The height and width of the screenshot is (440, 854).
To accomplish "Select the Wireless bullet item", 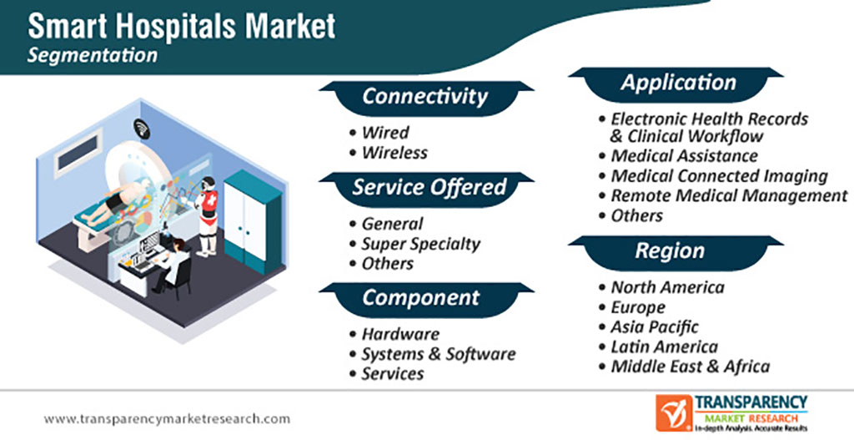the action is pos(389,153).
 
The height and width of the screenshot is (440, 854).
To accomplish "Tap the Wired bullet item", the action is pos(379,133).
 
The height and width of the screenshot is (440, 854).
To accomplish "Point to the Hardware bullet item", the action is pos(394,334).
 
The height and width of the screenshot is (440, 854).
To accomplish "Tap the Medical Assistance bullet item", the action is pos(679,156).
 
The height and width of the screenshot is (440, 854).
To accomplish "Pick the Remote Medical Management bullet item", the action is pos(723,195).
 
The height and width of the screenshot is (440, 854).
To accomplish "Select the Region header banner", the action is pos(676,252).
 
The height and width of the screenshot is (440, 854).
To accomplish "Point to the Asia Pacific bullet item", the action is pos(649,326).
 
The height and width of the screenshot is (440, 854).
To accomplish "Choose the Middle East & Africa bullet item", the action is pos(685,367).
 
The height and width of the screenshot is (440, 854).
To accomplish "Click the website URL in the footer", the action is pos(167,419).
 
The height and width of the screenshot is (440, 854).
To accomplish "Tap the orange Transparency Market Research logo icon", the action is pos(673,412).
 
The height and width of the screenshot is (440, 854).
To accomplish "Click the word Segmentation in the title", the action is pos(93,56).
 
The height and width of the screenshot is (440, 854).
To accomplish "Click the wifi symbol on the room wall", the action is pos(141,127).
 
